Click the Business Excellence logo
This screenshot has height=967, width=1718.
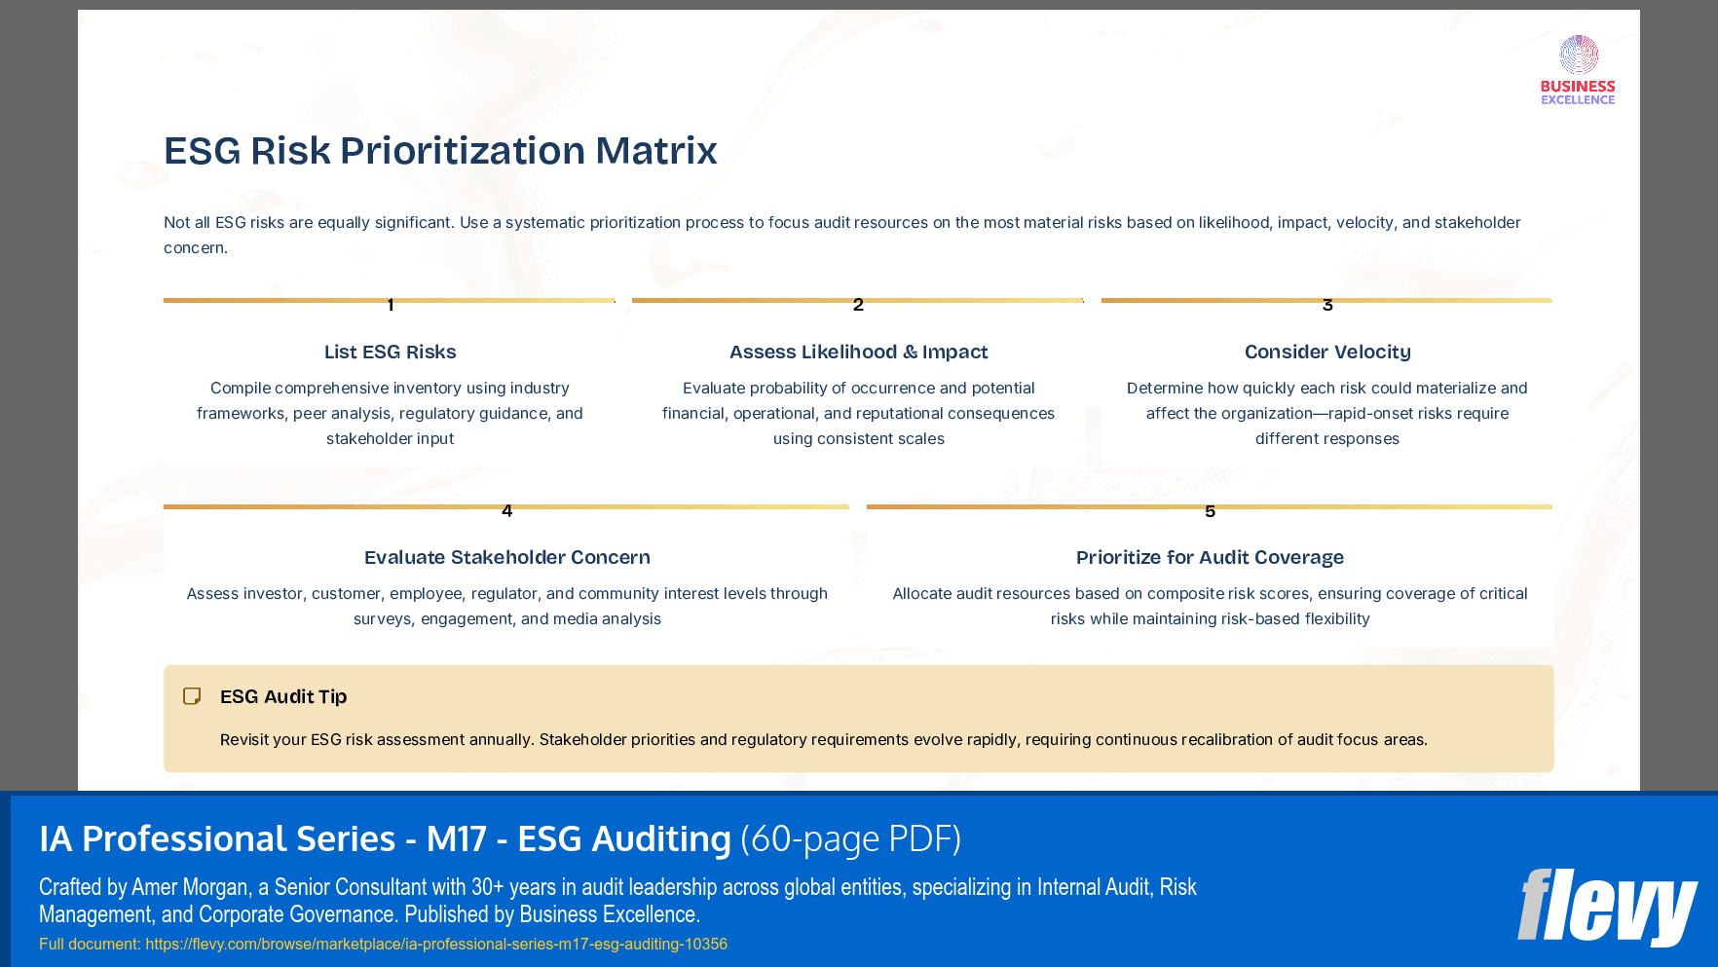(1578, 70)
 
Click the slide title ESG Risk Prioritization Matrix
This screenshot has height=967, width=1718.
(440, 151)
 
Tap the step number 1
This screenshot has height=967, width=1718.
(391, 305)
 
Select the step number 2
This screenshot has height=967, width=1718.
(858, 305)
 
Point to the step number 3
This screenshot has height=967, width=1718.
(1327, 305)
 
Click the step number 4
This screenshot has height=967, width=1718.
(506, 510)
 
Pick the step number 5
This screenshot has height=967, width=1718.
(1210, 510)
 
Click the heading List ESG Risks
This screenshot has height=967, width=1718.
(390, 352)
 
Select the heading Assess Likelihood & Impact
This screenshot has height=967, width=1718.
(858, 352)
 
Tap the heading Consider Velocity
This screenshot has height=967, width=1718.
(1326, 352)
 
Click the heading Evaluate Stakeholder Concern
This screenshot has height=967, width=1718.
(506, 557)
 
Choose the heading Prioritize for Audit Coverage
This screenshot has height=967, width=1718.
(1210, 557)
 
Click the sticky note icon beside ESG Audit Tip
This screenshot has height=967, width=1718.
(192, 696)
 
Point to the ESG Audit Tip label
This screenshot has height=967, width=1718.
(283, 696)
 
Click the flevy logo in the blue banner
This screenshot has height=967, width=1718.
(1606, 907)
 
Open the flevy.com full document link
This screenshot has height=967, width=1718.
(435, 944)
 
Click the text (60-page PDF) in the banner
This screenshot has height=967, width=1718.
(850, 838)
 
